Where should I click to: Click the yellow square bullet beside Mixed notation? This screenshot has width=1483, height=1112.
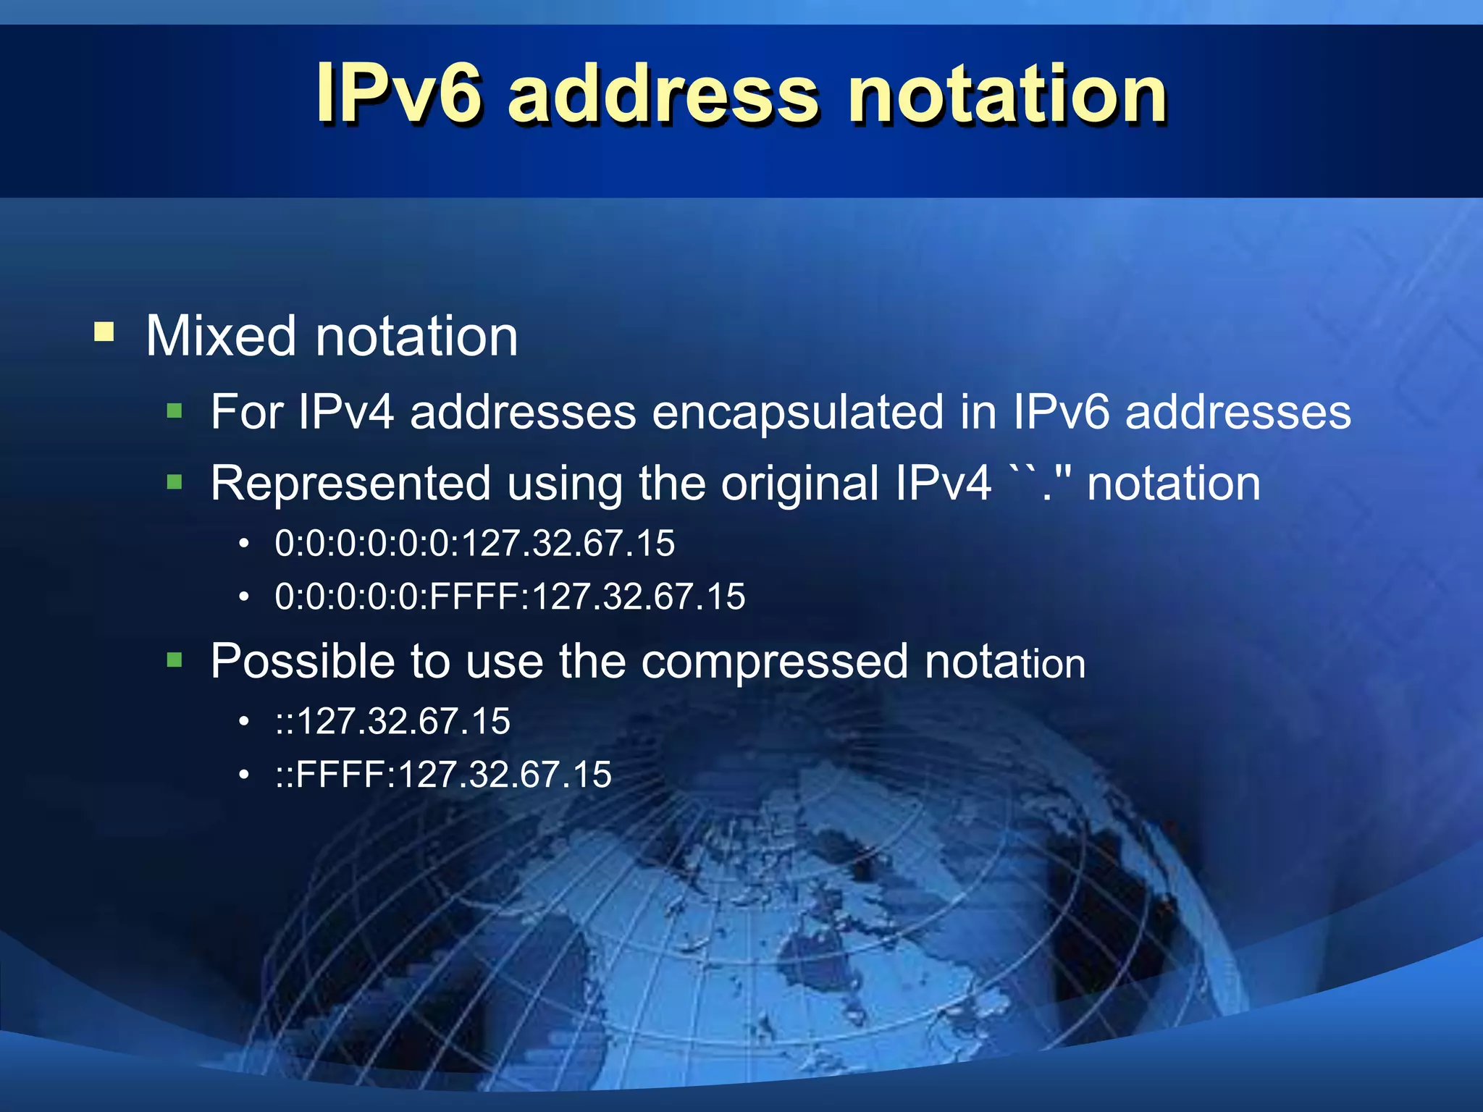pos(104,332)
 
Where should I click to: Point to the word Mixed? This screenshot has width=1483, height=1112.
pos(221,336)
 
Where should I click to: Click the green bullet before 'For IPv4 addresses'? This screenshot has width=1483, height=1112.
pos(175,412)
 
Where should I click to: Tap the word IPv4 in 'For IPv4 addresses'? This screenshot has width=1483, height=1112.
pos(346,412)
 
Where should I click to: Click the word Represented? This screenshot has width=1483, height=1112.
pos(350,483)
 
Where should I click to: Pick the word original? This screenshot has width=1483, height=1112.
pos(799,483)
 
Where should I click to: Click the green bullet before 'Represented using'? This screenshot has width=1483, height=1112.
pos(175,482)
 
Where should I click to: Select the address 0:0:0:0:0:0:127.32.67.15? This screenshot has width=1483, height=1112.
pos(475,544)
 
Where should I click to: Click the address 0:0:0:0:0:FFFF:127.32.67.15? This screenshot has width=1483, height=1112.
pos(510,597)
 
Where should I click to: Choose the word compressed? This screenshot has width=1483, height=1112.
pos(774,661)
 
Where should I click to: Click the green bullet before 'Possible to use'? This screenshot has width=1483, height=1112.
pos(175,660)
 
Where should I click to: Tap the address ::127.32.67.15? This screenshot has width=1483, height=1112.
pos(392,722)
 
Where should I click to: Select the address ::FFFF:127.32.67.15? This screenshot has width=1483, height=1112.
pos(443,775)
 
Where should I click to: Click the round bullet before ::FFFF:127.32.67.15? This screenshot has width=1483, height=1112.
pos(245,775)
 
